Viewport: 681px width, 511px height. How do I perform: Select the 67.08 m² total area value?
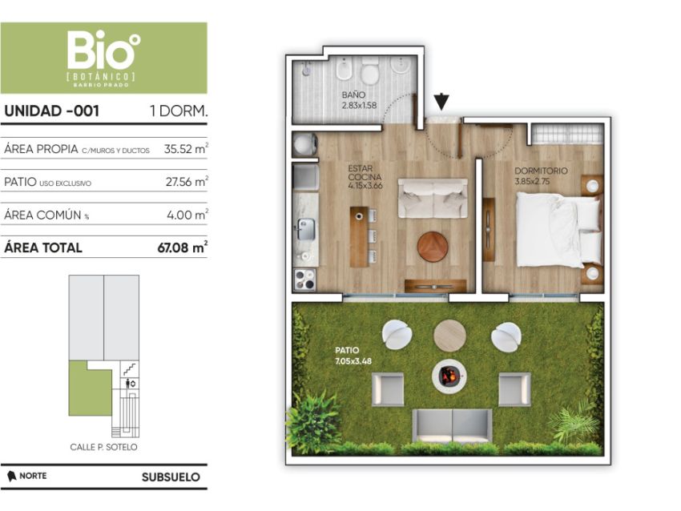coord(182,247)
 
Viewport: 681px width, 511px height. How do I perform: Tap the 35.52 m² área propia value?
coord(185,148)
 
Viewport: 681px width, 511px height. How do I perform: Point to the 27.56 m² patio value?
coord(187,181)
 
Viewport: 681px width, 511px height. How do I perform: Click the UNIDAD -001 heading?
coord(52,111)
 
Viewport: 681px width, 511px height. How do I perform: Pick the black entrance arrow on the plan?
coord(441,101)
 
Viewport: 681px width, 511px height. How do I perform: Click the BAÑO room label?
coord(353,95)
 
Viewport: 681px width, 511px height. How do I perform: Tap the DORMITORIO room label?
coord(541,171)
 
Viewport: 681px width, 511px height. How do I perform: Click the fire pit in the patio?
coord(449,376)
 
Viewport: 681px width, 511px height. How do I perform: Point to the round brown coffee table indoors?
coord(433,246)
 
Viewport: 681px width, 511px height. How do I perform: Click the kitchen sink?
coord(306,228)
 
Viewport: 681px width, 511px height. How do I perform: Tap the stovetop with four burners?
coord(305,280)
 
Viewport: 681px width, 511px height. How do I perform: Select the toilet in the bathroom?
coord(370,73)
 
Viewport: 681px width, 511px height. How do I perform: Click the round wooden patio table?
coord(449,336)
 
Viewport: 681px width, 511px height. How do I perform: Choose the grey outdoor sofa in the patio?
coord(452,424)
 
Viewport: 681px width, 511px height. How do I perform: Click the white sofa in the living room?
coord(433,198)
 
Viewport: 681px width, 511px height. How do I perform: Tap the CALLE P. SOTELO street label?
coord(103,447)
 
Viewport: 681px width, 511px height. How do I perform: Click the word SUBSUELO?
coord(171,477)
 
